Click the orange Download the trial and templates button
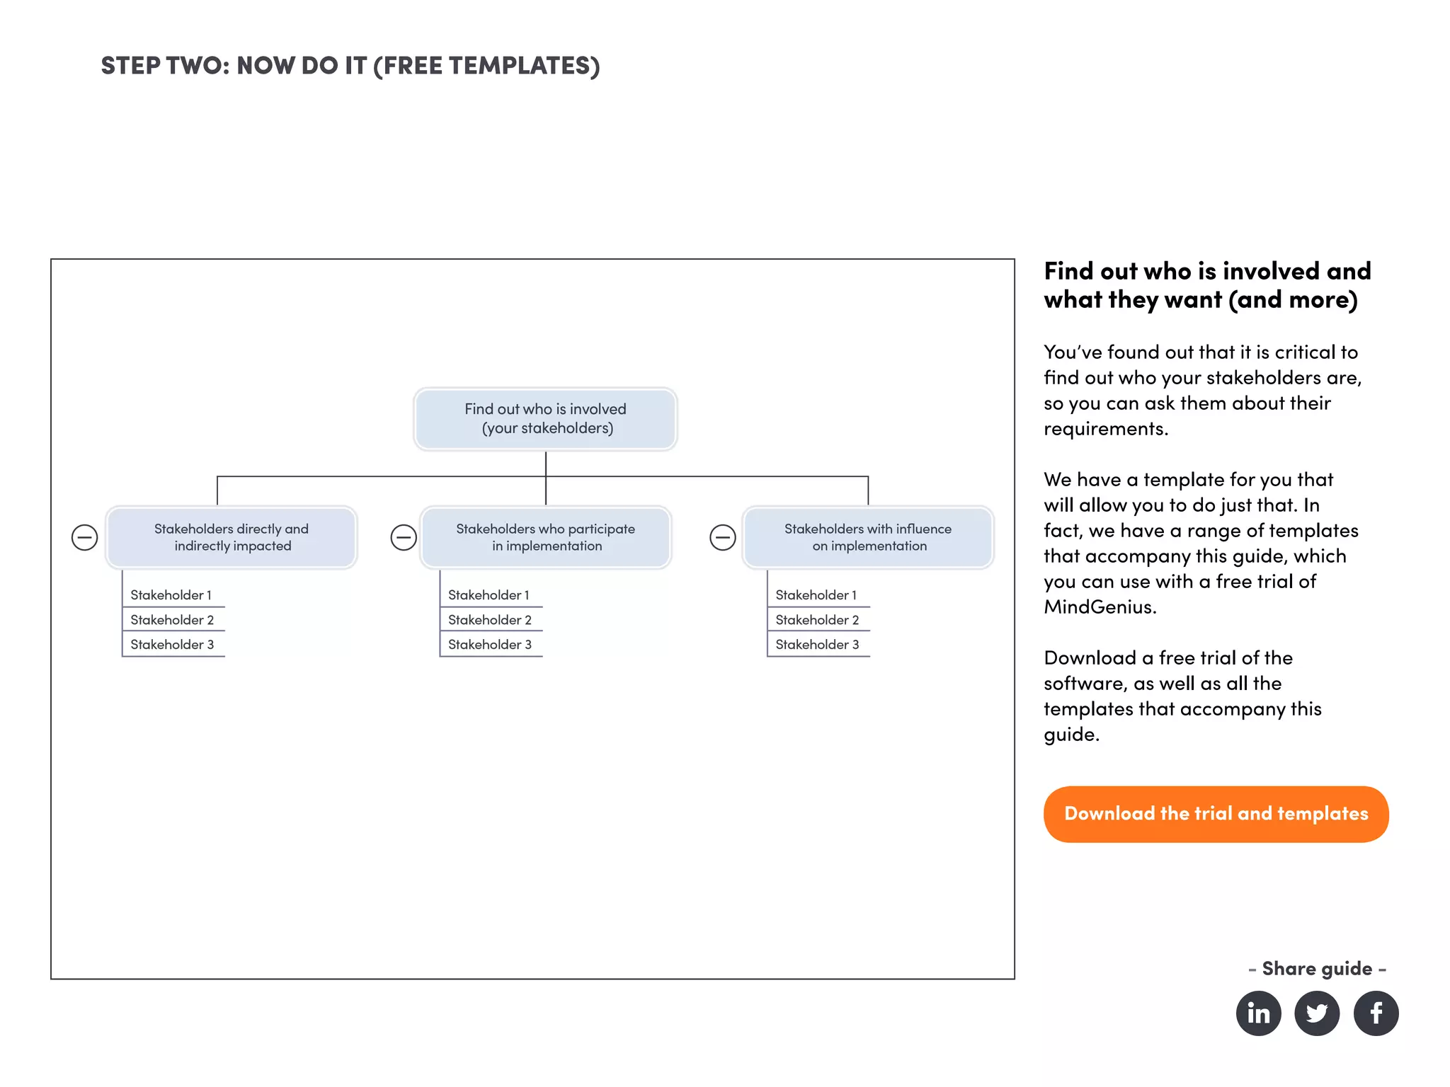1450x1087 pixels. point(1216,814)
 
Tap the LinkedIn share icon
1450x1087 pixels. point(1258,1013)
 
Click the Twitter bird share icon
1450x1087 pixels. point(1317,1013)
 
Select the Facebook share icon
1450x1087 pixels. point(1376,1013)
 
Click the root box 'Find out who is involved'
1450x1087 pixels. point(545,419)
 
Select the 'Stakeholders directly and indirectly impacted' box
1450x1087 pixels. point(232,537)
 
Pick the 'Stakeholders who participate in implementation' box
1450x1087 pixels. point(545,537)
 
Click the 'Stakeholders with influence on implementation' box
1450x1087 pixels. point(868,537)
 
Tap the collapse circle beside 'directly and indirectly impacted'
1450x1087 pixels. point(85,538)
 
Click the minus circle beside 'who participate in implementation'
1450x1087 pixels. point(404,538)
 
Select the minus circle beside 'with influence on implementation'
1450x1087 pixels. point(723,538)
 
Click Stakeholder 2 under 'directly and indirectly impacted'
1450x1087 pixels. point(172,620)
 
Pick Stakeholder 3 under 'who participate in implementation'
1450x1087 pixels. point(490,645)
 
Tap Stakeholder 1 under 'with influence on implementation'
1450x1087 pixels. point(816,595)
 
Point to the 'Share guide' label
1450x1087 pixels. point(1317,968)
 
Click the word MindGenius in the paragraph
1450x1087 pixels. point(1100,607)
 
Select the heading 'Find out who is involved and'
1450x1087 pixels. point(1207,272)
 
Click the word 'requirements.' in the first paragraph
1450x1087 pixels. point(1106,429)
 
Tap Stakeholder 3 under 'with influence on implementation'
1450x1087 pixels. point(817,645)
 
